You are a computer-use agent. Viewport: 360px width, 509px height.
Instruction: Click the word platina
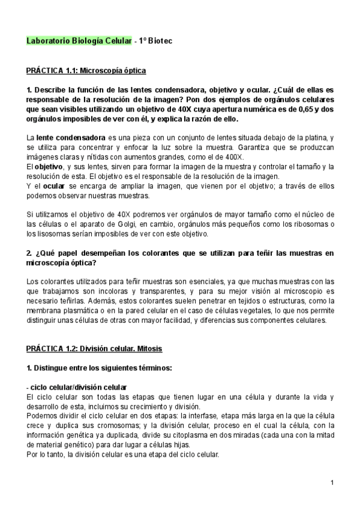[314, 137]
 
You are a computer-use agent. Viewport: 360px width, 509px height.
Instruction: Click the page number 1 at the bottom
[332, 483]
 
